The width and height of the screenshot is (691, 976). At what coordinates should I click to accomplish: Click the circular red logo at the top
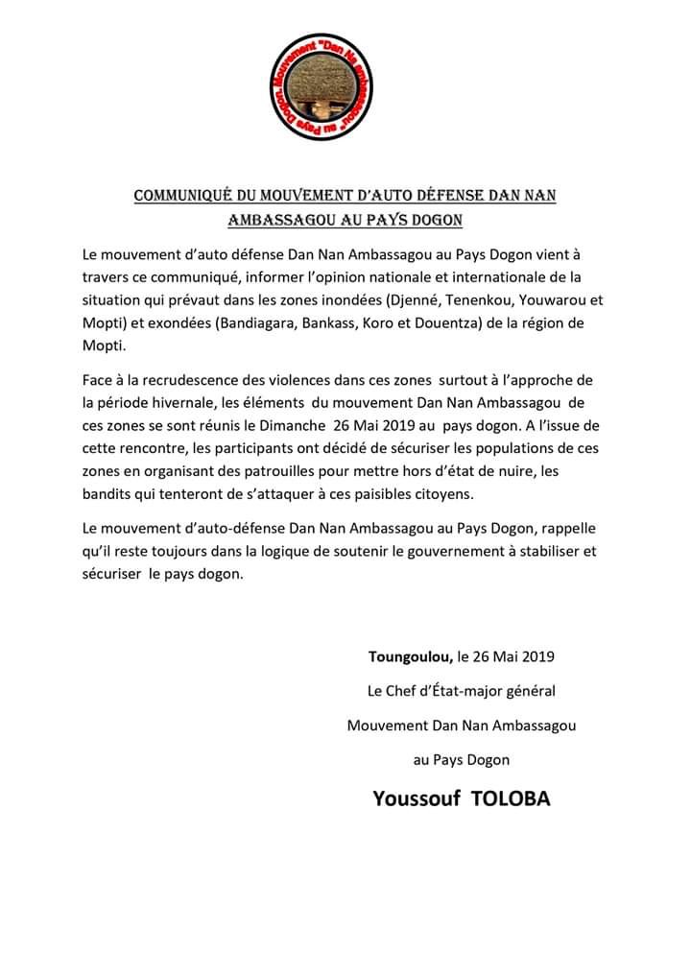(x=345, y=88)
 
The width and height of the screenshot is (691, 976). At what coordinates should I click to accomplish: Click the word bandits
(x=109, y=495)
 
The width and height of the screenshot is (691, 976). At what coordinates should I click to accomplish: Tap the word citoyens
(x=444, y=495)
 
